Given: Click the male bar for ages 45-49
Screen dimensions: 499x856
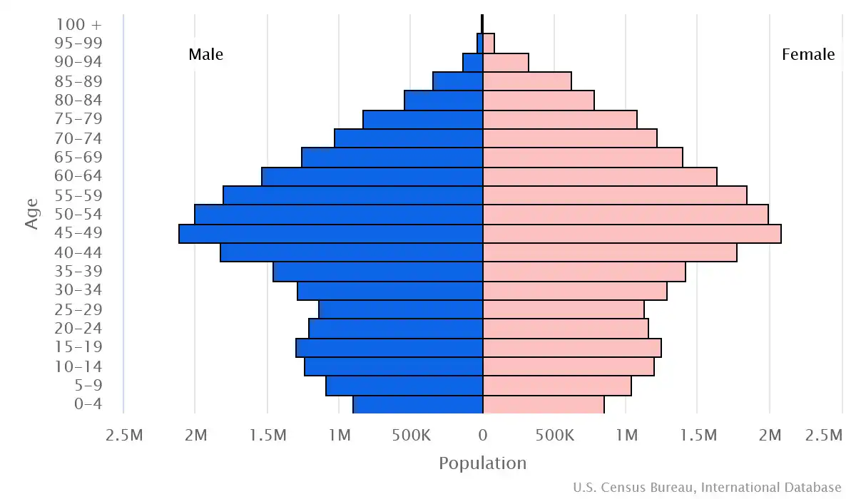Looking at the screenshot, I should click(x=330, y=234).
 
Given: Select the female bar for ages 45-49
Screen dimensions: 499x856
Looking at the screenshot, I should click(x=632, y=234).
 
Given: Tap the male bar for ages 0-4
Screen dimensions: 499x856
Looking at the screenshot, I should click(x=418, y=404).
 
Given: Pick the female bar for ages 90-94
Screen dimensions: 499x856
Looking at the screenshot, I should click(x=506, y=63).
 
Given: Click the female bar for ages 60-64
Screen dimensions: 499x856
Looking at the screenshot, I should click(x=600, y=177).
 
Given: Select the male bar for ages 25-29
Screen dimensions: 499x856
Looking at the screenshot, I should click(x=401, y=309).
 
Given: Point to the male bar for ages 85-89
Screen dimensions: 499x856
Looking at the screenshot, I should click(x=458, y=81).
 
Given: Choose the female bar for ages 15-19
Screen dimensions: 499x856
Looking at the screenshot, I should click(x=572, y=347).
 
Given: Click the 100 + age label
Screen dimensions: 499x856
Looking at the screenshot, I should click(x=78, y=24).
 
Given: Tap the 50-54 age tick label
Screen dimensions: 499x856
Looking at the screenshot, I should click(x=78, y=215).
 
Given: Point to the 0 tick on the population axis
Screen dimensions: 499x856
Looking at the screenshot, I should click(x=483, y=435).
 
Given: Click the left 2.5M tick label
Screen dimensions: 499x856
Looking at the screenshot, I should click(x=123, y=435).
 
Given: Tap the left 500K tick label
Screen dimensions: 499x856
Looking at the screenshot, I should click(x=411, y=435).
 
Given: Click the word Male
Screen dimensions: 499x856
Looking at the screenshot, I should click(x=205, y=54).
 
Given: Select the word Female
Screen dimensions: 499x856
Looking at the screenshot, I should click(x=807, y=54).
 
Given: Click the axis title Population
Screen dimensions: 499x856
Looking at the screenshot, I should click(x=482, y=463).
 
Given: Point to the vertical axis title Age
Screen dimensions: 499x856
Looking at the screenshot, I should click(x=31, y=214).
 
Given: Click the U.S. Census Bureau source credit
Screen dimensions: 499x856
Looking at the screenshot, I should click(x=706, y=488).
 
